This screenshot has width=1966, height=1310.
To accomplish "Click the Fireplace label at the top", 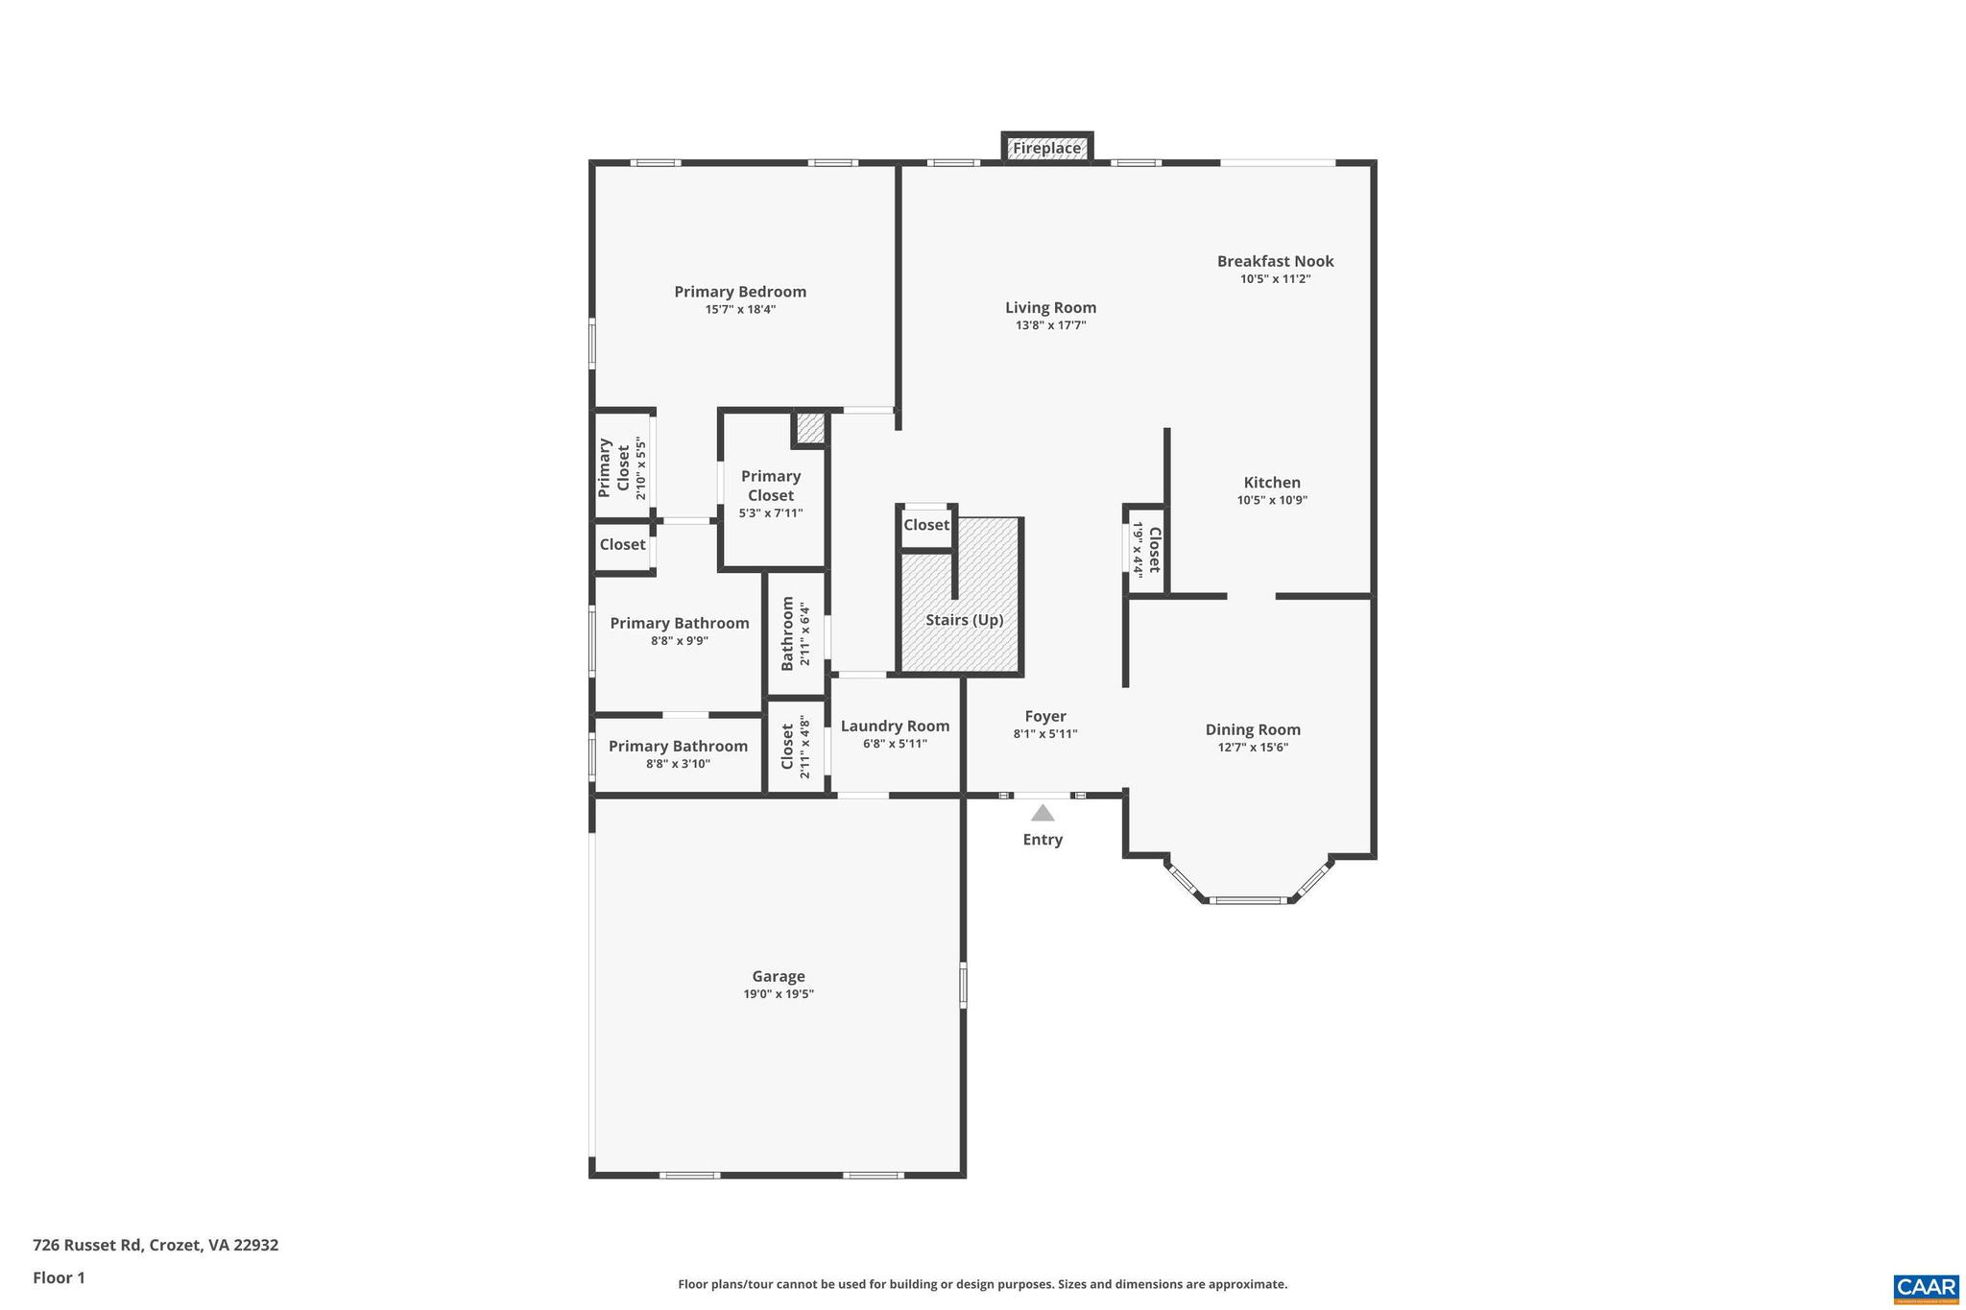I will tap(1046, 148).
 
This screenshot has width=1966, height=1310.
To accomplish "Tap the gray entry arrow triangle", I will tap(1043, 813).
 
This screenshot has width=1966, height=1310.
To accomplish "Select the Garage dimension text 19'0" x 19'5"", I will tap(778, 994).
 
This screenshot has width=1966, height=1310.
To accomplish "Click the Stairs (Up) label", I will tap(964, 620).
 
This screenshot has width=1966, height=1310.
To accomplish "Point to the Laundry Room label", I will tap(895, 726).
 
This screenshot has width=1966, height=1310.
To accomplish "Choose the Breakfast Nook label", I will tap(1275, 261).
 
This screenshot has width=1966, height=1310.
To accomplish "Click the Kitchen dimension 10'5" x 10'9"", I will tap(1272, 500).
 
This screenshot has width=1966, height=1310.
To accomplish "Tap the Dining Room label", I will tap(1253, 729).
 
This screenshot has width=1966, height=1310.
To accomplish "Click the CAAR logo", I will tap(1926, 1288).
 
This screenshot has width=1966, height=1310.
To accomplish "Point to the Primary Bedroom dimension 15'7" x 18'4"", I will tap(740, 309).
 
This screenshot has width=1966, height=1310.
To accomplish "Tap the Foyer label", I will tap(1045, 716).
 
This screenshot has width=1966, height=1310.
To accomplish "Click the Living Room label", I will tap(1050, 307).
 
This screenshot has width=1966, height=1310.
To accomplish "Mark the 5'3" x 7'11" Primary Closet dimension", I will tap(771, 513).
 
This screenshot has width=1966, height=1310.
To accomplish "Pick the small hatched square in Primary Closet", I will tap(810, 428).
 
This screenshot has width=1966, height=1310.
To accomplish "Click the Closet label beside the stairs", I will tap(925, 525).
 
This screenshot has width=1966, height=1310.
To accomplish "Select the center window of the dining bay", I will tap(1246, 900).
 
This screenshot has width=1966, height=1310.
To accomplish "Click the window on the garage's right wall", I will tap(963, 986).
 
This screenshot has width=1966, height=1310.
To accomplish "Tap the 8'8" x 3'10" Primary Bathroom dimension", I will tap(678, 764).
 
